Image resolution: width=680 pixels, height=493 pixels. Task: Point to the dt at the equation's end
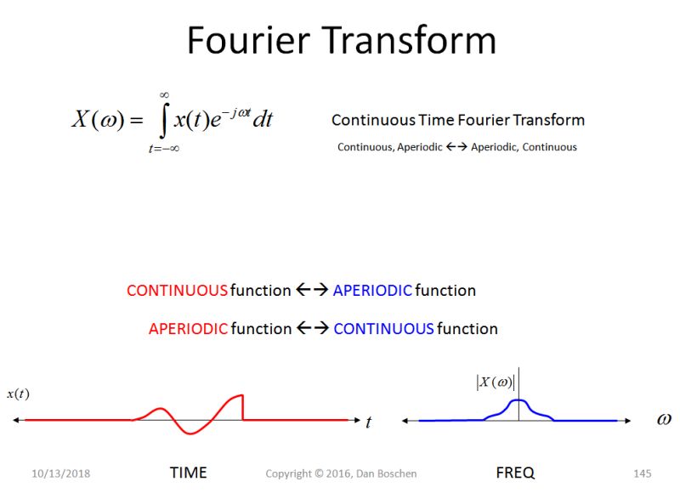(263, 120)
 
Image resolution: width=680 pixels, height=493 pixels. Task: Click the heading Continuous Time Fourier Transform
(457, 120)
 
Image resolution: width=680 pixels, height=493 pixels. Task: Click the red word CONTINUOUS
(177, 291)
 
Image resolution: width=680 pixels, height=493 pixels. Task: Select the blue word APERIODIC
(372, 291)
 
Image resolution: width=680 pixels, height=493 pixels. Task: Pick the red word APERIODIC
(188, 328)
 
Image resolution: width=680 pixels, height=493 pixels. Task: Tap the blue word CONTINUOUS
(383, 328)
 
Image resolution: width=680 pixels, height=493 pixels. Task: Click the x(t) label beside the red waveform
(18, 394)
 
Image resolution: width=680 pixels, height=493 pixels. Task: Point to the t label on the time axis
(368, 422)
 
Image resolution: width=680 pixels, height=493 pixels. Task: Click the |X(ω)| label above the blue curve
(496, 382)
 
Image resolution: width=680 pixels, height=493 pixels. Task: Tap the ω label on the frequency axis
(664, 419)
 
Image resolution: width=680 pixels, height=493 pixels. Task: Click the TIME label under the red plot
(188, 473)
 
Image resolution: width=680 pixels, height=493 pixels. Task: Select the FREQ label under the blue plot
(515, 473)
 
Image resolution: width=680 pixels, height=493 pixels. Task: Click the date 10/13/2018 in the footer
(61, 473)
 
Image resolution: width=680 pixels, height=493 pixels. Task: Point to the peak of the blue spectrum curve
(519, 400)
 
